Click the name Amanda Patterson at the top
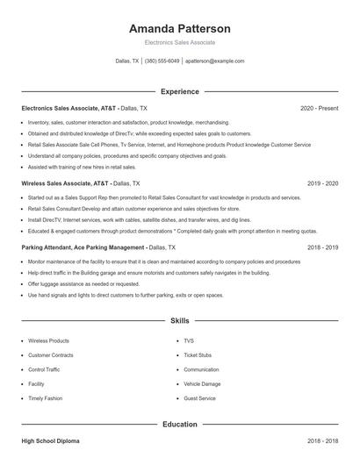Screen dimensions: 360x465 [x=179, y=28]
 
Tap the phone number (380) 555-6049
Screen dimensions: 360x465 [x=162, y=61]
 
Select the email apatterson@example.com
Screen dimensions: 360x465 [x=214, y=61]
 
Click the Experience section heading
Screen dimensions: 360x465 [x=179, y=91]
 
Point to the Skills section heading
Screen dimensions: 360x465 [x=179, y=321]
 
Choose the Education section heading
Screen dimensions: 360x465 [x=179, y=425]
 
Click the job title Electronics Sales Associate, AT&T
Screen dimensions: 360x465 [x=68, y=108]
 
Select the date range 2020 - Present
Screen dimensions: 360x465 [x=319, y=108]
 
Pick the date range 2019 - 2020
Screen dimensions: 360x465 [x=322, y=183]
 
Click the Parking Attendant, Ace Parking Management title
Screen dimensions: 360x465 [x=83, y=248]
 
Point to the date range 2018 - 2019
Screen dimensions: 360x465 [x=322, y=248]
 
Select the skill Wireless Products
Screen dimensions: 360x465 [x=48, y=340]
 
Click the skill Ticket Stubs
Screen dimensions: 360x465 [x=198, y=355]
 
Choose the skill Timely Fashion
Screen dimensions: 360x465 [x=45, y=398]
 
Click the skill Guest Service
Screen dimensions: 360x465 [x=199, y=398]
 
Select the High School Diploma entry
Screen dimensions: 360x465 [x=50, y=441]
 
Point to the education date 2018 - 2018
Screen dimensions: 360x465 [x=322, y=441]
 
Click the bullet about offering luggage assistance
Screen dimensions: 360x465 [x=83, y=284]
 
